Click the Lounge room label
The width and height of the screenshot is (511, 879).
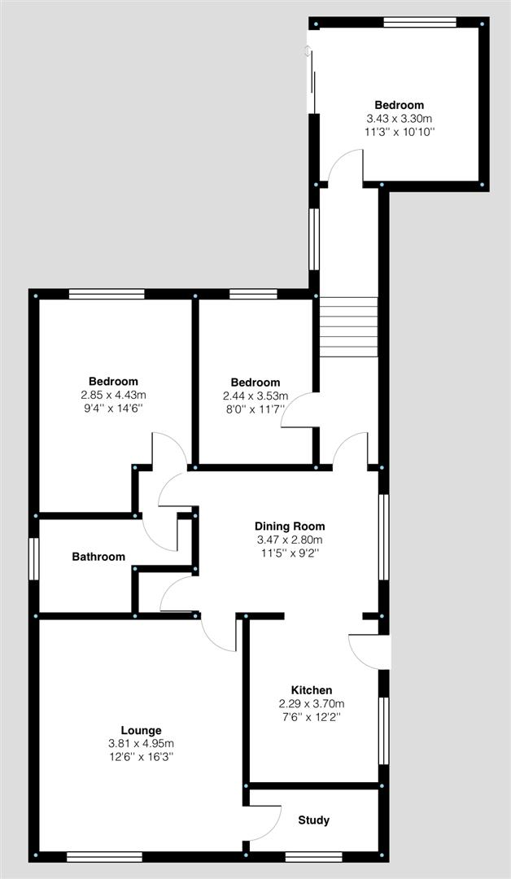[x=142, y=730]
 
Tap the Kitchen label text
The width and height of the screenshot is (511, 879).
[x=312, y=690]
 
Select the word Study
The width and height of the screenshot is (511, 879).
[x=314, y=820]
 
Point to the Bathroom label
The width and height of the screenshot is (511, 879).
[x=98, y=557]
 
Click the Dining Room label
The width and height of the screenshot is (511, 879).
[x=290, y=527]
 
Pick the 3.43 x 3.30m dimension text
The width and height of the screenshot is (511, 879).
[x=399, y=118]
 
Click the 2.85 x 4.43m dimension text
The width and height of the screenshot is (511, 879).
[x=113, y=396]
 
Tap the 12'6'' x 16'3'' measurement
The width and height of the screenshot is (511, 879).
[x=142, y=757]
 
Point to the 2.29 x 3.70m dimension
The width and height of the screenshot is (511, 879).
[x=312, y=703]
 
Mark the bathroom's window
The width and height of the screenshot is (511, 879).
[x=33, y=559]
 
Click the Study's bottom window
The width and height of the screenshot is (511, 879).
[x=314, y=856]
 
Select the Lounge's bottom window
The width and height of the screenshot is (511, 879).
[x=104, y=856]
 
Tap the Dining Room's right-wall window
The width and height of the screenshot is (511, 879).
[x=384, y=536]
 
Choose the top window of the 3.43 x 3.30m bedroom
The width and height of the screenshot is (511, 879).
[x=420, y=23]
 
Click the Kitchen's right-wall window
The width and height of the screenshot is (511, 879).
[x=384, y=730]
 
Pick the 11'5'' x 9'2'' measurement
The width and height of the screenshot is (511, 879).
[x=290, y=553]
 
